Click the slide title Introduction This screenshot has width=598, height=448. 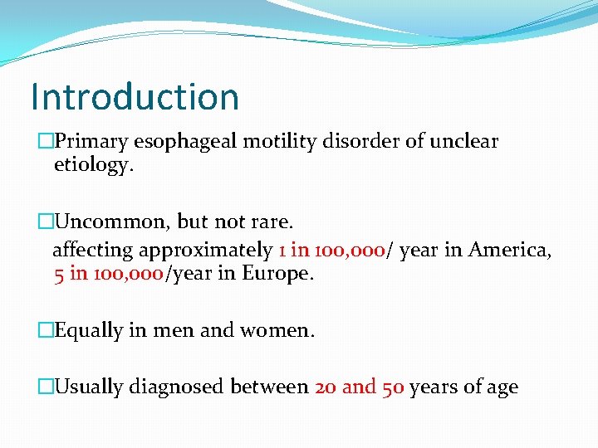click(135, 96)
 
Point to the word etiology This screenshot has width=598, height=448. click(92, 164)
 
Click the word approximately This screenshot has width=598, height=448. click(206, 250)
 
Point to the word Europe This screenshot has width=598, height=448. click(277, 274)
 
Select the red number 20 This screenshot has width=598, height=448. click(326, 387)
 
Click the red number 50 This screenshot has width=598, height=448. click(393, 387)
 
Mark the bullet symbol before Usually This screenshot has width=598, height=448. click(46, 387)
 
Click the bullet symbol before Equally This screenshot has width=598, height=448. click(46, 330)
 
